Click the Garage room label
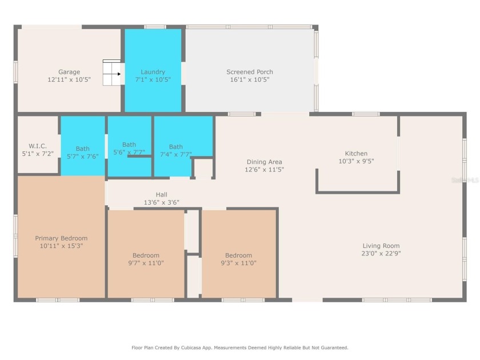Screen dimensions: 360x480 (69, 72)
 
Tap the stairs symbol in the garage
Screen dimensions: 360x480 (111, 73)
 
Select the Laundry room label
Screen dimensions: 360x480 (153, 72)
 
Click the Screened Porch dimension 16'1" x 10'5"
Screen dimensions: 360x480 (250, 80)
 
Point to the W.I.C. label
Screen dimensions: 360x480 (38, 146)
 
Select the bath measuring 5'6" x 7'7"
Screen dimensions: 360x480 (129, 149)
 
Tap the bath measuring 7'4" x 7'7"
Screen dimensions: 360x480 (176, 150)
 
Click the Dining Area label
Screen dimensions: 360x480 (264, 162)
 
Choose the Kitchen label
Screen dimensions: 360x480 (356, 153)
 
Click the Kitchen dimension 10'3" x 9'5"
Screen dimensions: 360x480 (356, 161)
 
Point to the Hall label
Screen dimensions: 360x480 (161, 194)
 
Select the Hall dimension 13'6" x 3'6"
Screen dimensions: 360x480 (161, 202)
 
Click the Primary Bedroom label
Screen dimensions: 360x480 (61, 238)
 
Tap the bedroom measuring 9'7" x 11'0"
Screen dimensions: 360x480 (146, 259)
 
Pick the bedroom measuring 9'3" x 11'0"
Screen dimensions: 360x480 (238, 259)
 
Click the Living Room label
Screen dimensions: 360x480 (381, 246)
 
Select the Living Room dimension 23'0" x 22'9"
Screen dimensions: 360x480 (381, 253)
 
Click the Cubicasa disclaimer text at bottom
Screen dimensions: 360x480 (239, 347)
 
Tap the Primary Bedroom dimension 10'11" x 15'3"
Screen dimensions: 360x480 (61, 246)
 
